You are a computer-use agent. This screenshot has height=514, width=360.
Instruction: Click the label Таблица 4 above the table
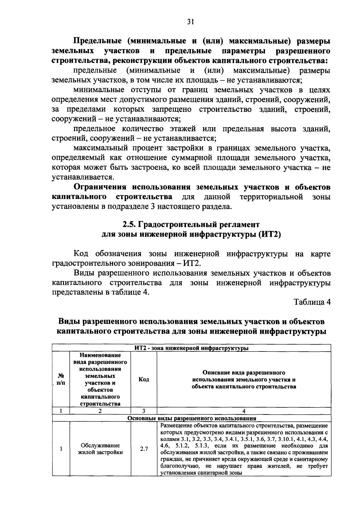coord(312,302)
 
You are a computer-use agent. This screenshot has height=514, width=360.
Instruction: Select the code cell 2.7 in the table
coord(144,449)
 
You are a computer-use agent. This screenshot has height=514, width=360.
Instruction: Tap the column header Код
coord(144,380)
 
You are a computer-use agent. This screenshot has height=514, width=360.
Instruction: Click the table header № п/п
coord(61,380)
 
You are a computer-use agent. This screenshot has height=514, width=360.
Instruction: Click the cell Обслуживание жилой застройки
coord(100,449)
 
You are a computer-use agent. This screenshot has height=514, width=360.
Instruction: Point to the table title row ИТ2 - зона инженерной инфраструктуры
coord(191,348)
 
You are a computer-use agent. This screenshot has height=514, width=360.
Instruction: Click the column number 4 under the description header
coord(244,411)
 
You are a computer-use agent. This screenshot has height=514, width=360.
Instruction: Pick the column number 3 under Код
coord(144,411)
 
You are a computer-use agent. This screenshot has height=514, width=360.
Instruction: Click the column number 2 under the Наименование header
coord(100,411)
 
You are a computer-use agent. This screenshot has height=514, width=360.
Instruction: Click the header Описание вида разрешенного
coord(244,373)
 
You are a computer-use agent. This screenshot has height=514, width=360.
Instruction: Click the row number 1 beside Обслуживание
coord(61,449)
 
